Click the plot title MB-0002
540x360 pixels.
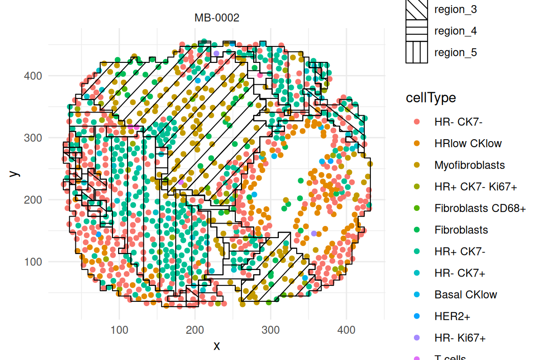tap(217, 18)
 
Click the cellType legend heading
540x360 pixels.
tap(431, 98)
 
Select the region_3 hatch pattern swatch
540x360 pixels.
tap(417, 9)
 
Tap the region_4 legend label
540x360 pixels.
tap(456, 31)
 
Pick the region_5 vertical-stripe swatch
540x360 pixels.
tap(417, 52)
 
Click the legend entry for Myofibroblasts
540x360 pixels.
tap(469, 165)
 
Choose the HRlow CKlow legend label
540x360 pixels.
tap(468, 143)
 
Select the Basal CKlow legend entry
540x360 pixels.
tap(465, 294)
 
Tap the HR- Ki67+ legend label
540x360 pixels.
tap(460, 337)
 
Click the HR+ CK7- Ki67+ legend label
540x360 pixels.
tap(476, 187)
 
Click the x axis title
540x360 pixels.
tap(217, 346)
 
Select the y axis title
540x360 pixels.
tap(15, 173)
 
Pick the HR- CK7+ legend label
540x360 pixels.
tap(459, 273)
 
